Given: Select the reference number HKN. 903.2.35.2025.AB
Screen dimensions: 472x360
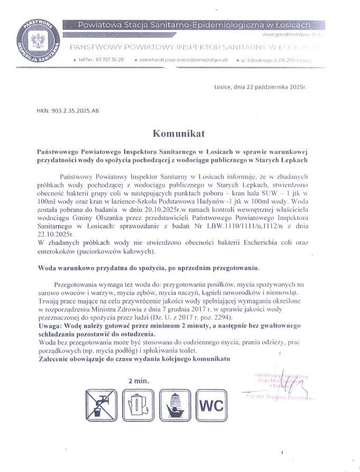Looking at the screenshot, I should click(67, 111).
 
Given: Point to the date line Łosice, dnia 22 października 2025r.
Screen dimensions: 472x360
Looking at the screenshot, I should click(260, 87).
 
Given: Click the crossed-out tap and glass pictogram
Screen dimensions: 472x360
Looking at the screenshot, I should click(100, 404).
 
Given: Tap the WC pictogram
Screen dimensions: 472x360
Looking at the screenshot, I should click(211, 405).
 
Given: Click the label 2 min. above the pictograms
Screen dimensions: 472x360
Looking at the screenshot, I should click(139, 381).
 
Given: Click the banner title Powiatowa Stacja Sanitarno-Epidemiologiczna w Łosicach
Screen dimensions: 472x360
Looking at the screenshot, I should click(194, 24).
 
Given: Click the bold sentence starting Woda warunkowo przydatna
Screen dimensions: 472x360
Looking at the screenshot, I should click(149, 267).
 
